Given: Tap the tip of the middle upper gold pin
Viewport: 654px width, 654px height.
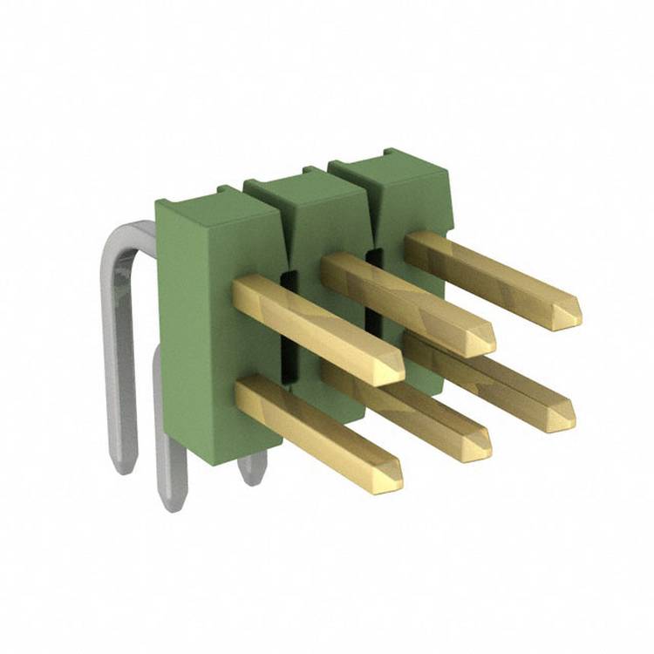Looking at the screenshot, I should pos(481,340).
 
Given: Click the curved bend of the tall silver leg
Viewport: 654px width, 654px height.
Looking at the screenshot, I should pos(122,240).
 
